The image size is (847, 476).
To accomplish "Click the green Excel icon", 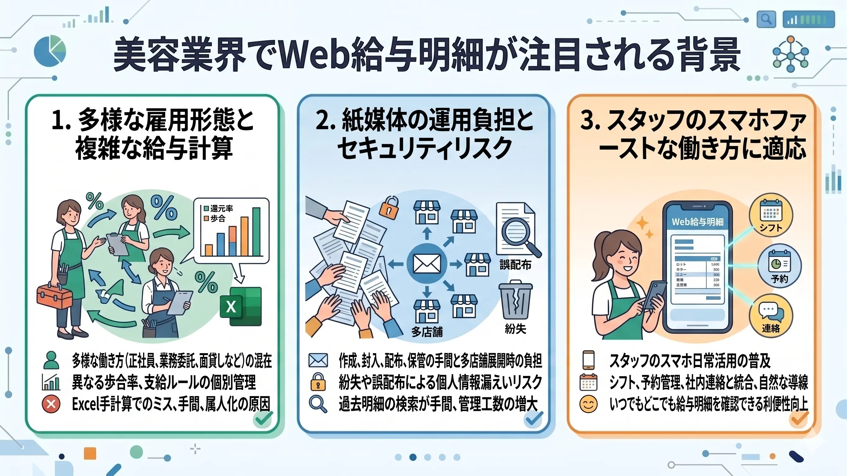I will pos(241,306).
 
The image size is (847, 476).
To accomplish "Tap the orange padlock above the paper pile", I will pos(389,208).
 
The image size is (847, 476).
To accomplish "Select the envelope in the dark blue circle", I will pos(427,263).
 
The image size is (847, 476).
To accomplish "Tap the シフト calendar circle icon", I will pos(770,215).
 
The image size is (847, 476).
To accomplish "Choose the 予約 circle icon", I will pos(779,266).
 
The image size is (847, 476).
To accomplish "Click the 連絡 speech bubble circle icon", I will pos(770,316).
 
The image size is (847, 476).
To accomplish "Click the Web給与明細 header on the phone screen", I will pos(697,222).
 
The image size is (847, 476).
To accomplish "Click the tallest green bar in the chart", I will pos(256,231).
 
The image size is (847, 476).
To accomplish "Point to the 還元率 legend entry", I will pos(218,209).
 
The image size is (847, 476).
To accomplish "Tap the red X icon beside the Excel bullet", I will pos(51,404).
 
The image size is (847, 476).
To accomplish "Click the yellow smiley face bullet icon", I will pos(588,404).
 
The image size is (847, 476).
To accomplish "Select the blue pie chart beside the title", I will pos(50,51).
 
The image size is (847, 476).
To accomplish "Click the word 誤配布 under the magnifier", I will pos(515,265).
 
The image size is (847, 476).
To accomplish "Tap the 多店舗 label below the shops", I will pos(427,332).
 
